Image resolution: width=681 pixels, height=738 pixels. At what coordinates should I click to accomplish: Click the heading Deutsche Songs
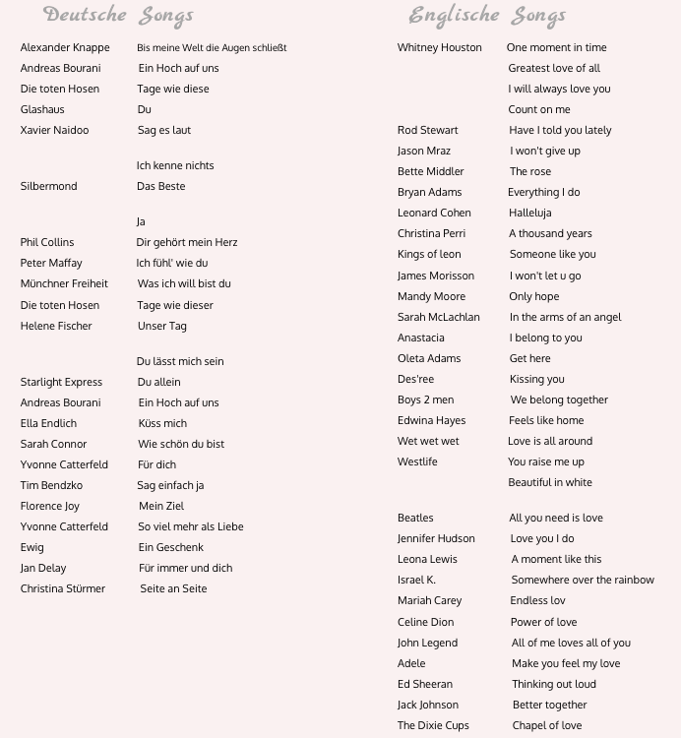click(118, 16)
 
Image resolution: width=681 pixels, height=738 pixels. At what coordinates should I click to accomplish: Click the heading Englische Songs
click(487, 16)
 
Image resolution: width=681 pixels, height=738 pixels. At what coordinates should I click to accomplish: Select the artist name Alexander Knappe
click(65, 47)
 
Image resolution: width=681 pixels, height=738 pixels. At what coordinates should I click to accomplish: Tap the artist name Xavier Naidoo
click(54, 130)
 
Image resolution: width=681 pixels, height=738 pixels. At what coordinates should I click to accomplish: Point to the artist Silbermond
click(48, 186)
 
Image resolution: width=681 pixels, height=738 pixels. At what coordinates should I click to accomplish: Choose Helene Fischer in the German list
click(56, 326)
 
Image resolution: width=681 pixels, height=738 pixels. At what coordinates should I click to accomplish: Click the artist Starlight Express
click(61, 382)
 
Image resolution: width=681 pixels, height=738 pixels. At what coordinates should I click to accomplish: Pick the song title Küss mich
click(162, 423)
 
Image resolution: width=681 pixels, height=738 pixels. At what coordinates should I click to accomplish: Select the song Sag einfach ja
click(171, 485)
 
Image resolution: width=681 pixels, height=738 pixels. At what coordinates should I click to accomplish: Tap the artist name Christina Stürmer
click(63, 588)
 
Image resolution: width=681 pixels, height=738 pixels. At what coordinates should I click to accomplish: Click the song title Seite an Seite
click(173, 588)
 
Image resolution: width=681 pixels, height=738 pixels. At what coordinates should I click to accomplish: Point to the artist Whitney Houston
click(440, 47)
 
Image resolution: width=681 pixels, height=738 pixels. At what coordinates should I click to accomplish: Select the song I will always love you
click(559, 89)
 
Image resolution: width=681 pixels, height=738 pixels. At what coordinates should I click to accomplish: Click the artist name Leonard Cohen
click(434, 213)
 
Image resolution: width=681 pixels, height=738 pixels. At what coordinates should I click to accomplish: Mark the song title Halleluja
click(530, 213)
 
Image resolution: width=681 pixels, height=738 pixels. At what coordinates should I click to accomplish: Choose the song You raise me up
click(546, 461)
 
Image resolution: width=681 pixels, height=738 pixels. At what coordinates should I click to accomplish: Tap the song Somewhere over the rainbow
click(583, 580)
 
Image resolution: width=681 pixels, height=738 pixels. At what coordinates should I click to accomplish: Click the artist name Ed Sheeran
click(425, 684)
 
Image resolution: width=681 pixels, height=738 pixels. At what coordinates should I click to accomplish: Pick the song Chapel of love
click(547, 725)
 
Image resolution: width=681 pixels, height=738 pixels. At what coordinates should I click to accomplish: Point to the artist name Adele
click(411, 663)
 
